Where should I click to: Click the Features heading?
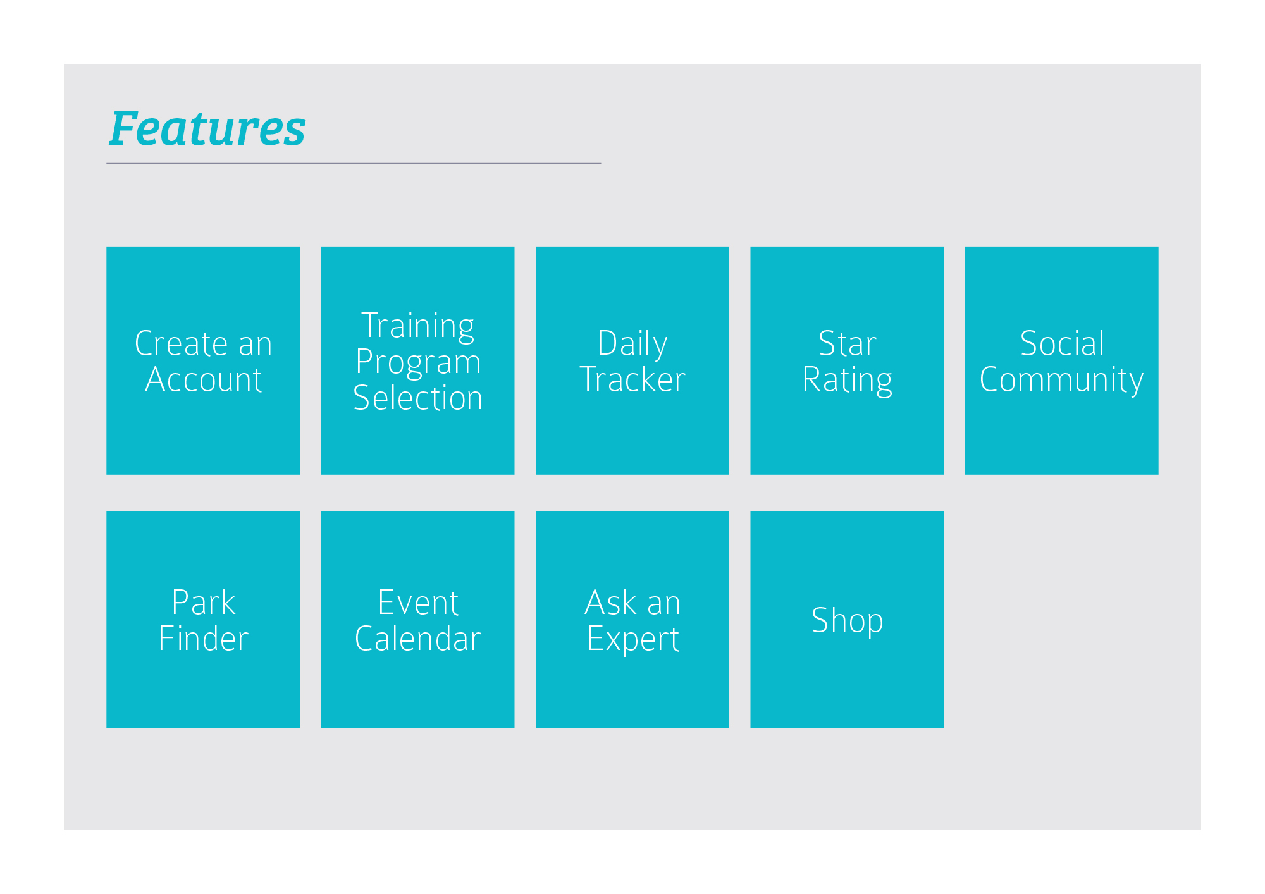[207, 128]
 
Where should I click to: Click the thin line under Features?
[354, 164]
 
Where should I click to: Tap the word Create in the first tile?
[181, 344]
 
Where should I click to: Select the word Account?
[203, 380]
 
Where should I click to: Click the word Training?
[417, 327]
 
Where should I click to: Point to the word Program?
[418, 363]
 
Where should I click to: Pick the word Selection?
[418, 398]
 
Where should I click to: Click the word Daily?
[632, 345]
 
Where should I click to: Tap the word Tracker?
[632, 380]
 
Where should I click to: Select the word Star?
[847, 344]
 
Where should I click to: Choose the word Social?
[1062, 344]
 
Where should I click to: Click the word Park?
[203, 603]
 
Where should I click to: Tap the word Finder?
[203, 639]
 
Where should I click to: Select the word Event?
[418, 603]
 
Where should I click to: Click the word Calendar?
[418, 639]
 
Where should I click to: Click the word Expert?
[633, 640]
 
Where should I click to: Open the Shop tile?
[847, 620]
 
